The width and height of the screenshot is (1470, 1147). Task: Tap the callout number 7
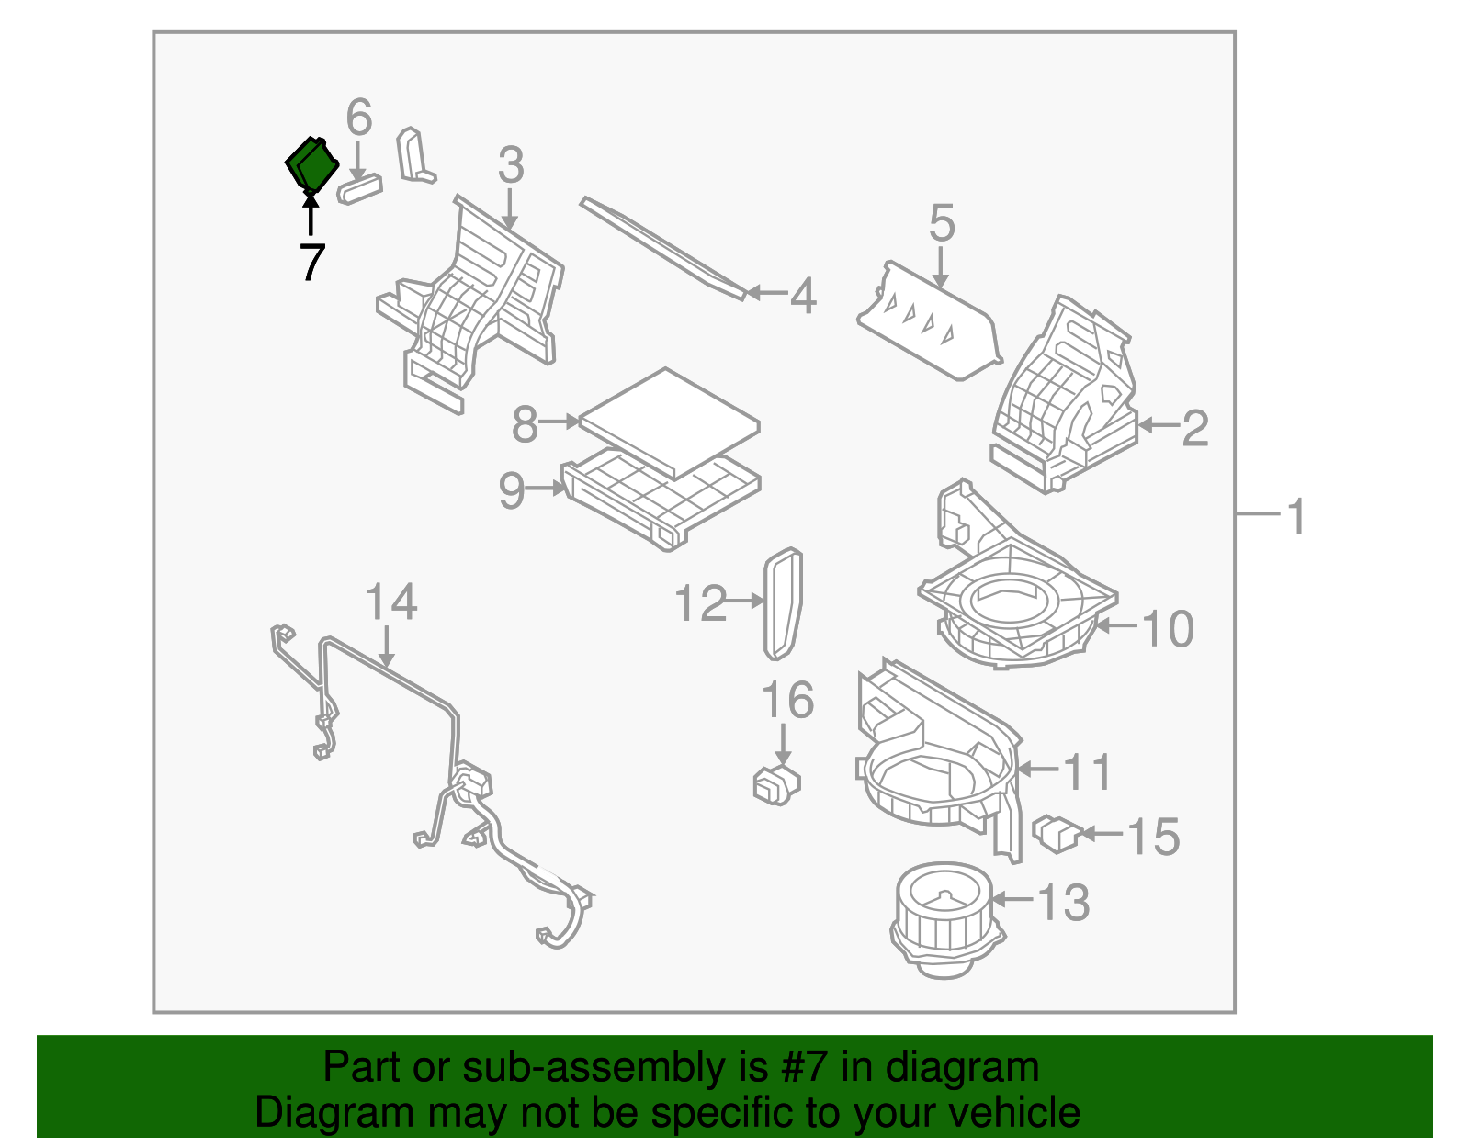312,263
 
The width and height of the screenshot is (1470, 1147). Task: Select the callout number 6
359,118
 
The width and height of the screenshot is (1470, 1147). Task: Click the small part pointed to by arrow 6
359,189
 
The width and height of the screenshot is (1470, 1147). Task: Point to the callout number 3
511,166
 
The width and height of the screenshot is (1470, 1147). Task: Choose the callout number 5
942,224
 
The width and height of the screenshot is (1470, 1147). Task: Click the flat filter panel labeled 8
670,422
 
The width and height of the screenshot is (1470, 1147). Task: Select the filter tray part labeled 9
661,497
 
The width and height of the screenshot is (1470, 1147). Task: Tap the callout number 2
1194,429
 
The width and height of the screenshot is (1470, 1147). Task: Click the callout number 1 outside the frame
1296,517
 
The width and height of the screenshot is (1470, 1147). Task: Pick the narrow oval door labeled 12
783,603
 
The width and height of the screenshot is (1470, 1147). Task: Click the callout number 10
1167,630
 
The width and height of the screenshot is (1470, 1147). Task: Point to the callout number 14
391,603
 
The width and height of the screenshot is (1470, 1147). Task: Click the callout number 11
1088,771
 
